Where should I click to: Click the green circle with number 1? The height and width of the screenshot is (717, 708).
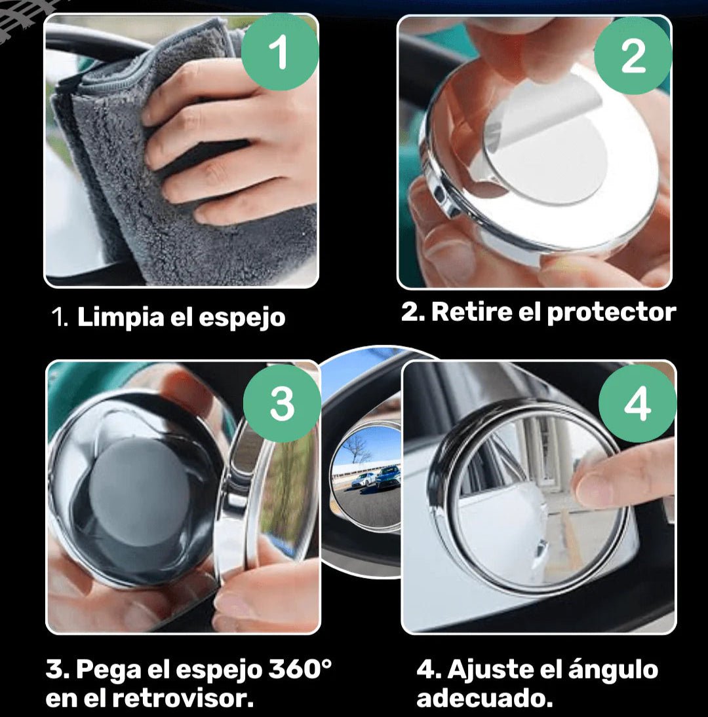pos(280,51)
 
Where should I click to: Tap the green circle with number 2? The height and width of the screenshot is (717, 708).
pos(633,56)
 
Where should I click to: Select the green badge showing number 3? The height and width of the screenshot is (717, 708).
pos(282,403)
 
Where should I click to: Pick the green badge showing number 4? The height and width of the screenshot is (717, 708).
pos(637,403)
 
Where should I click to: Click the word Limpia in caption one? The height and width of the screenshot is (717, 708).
pos(121,317)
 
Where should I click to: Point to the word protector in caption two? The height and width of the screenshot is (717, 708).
pos(612,313)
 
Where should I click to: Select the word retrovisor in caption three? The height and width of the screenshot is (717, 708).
pos(183,698)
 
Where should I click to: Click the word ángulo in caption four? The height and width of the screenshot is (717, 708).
pos(613,671)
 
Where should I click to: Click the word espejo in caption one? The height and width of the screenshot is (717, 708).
pos(242,318)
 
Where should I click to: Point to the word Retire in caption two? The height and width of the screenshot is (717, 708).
pos(471,312)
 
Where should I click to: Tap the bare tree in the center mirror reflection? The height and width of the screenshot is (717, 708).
pos(357,448)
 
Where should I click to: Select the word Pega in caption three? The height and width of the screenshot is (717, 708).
pos(109,671)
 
